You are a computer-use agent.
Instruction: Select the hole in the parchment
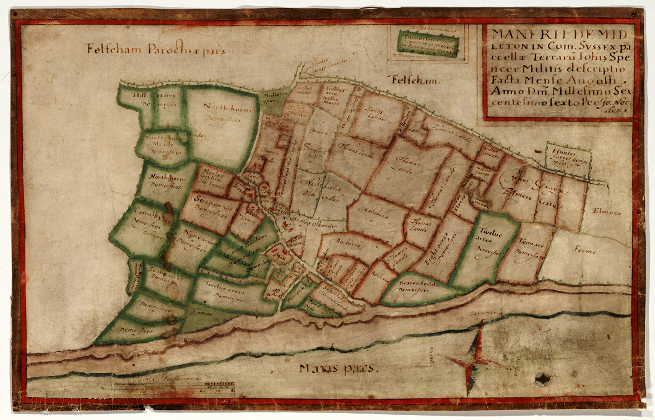(543, 379)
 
